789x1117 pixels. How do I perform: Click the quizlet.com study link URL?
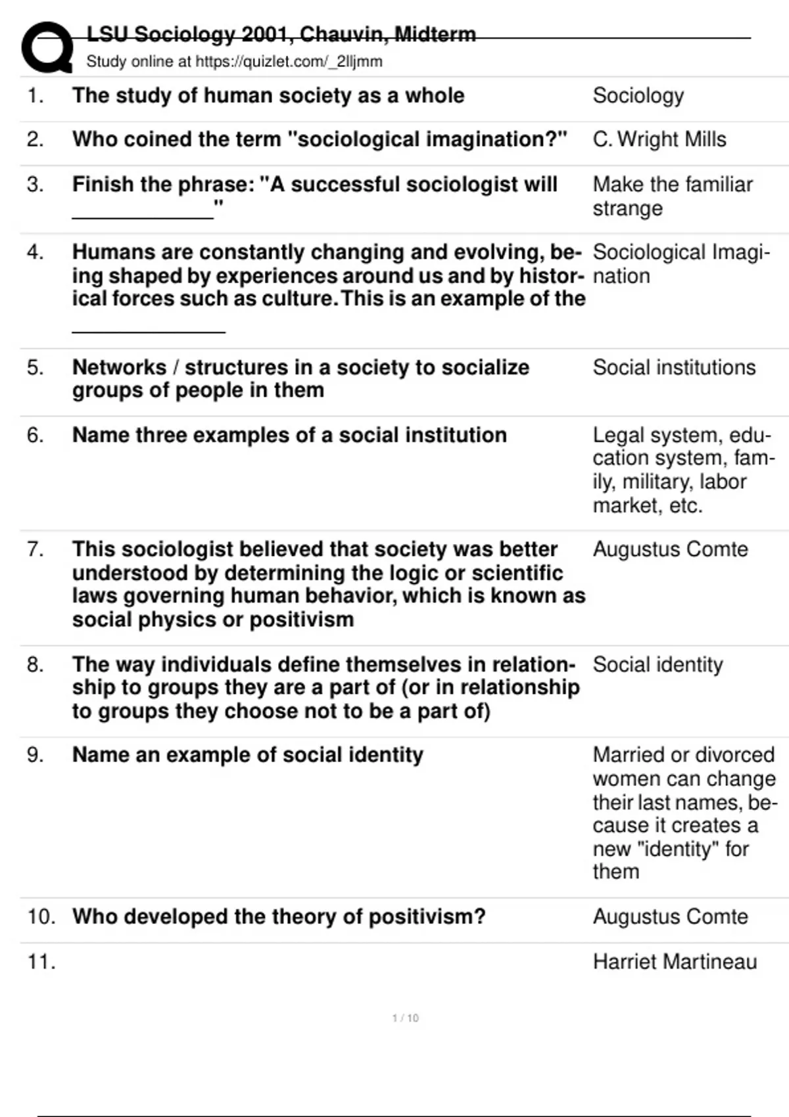[289, 62]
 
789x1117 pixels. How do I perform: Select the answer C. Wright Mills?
[659, 139]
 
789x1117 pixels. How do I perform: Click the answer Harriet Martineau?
[675, 962]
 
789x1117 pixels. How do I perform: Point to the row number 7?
[34, 549]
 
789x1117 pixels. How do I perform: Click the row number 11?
[41, 962]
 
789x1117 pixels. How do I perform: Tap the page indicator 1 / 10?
[405, 1018]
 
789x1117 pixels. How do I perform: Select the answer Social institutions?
[674, 367]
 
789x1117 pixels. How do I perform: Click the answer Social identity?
[657, 664]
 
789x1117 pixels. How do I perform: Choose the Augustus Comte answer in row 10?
[670, 917]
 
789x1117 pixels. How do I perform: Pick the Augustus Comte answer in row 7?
[670, 549]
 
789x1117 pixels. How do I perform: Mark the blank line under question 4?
[149, 331]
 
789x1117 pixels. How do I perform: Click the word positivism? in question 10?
[427, 917]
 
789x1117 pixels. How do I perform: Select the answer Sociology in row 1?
[638, 96]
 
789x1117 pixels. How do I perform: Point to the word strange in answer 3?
[627, 209]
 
